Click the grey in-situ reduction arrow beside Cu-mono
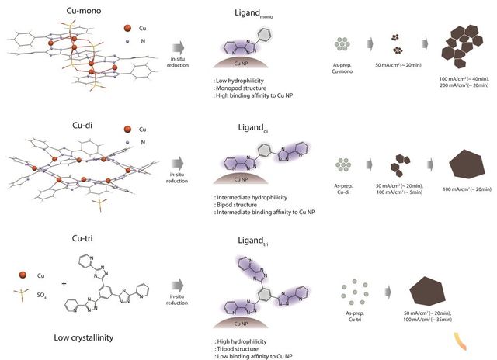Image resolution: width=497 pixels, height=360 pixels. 179,48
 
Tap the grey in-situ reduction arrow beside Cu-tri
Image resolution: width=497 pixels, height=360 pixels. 179,286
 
